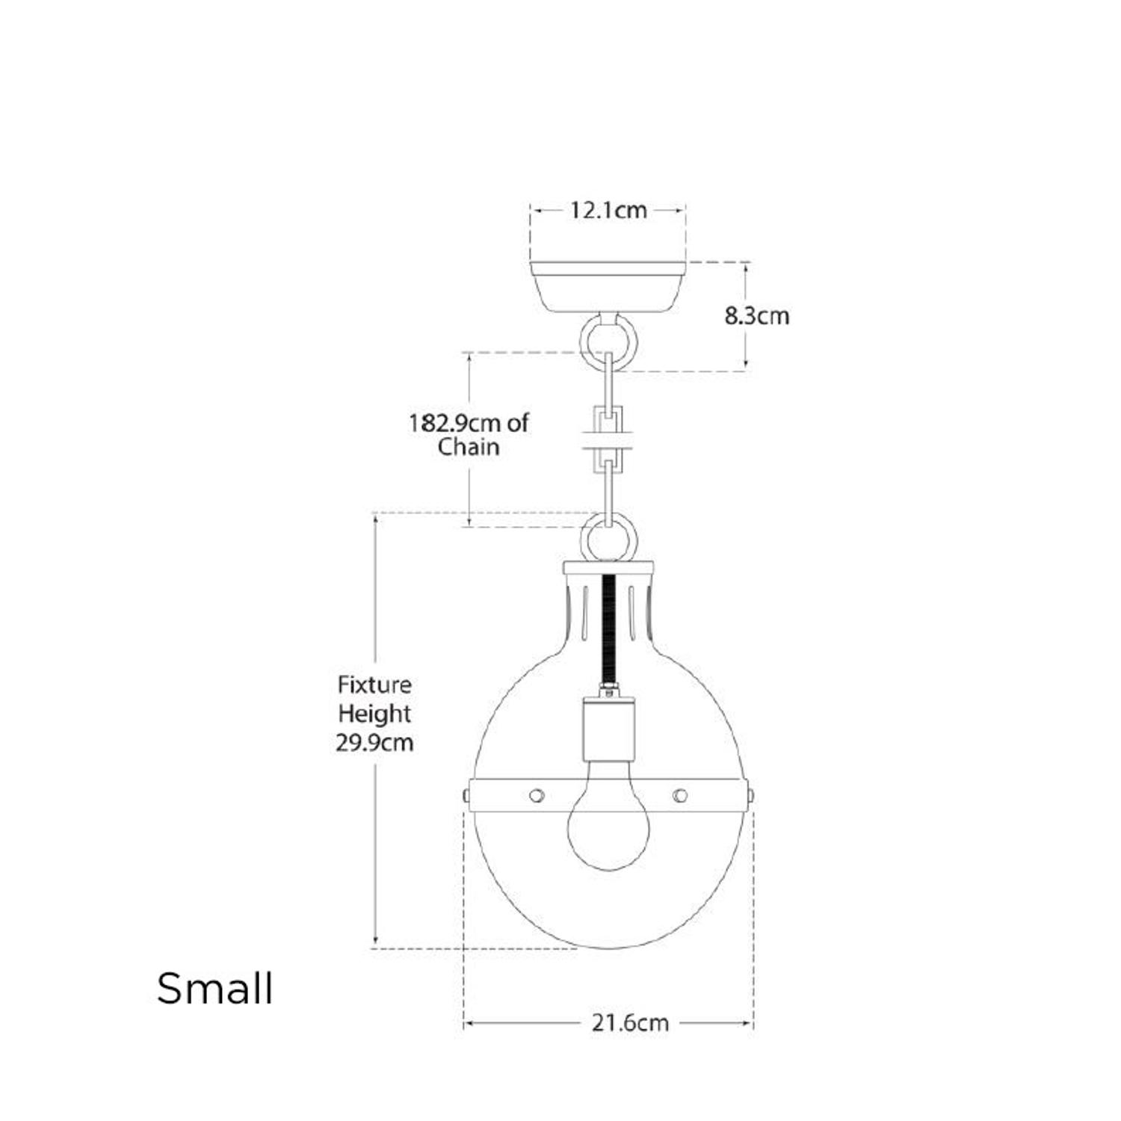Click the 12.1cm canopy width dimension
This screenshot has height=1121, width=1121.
[x=608, y=211]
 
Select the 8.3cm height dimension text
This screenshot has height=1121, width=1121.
[x=756, y=316]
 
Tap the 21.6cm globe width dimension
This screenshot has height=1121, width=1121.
[x=630, y=1022]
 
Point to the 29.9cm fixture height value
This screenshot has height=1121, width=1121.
[x=374, y=743]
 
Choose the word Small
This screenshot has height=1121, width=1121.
[x=214, y=988]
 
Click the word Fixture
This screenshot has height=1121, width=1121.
[x=374, y=685]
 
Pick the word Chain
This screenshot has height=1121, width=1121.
[x=469, y=447]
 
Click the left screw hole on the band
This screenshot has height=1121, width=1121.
[x=536, y=794]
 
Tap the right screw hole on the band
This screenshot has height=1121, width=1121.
[x=679, y=794]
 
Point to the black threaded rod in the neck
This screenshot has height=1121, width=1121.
[x=609, y=628]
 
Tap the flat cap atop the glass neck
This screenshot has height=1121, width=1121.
[x=608, y=567]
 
